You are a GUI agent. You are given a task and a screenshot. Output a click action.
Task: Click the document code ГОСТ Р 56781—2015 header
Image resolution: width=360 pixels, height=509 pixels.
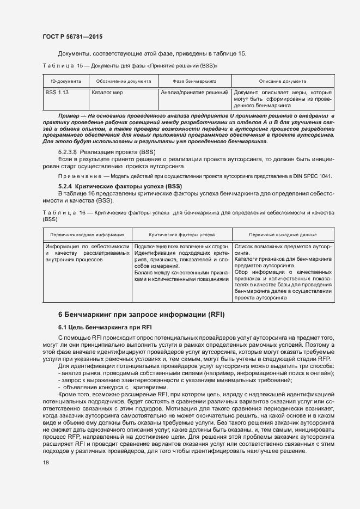click(72, 36)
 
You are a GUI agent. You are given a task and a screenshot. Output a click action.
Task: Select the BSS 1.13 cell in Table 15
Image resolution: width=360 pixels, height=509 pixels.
click(57, 93)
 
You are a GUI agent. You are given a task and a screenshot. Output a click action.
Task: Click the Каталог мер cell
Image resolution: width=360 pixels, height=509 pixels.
click(107, 93)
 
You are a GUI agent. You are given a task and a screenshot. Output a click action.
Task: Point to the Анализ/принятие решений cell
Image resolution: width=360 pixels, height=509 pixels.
click(194, 93)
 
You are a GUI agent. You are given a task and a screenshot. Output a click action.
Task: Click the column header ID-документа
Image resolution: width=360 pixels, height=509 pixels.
click(64, 81)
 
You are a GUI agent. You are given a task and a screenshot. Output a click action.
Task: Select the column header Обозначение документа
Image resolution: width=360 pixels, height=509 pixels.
click(123, 81)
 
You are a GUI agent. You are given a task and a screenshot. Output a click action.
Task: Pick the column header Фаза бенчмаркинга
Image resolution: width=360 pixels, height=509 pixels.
click(194, 81)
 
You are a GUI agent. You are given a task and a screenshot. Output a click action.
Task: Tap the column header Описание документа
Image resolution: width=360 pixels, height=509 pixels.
click(283, 81)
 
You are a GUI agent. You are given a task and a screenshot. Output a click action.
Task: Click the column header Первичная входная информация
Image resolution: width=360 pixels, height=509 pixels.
click(87, 235)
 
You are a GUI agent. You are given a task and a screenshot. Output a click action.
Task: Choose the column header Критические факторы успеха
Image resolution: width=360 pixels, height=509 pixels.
click(182, 235)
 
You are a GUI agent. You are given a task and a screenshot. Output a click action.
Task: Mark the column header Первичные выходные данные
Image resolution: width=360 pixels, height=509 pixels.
click(283, 235)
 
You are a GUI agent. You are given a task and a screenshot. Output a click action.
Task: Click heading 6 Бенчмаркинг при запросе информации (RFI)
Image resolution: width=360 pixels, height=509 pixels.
click(141, 315)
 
